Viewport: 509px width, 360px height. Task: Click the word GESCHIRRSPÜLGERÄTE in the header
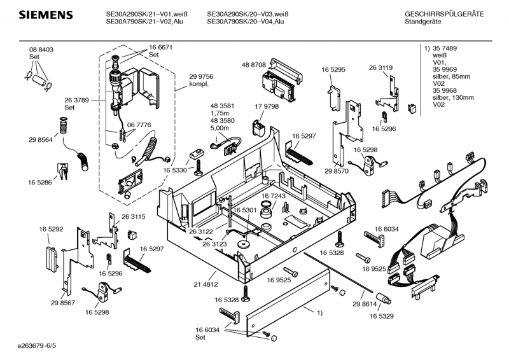pyautogui.click(x=444, y=14)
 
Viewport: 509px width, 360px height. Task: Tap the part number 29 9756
pyautogui.click(x=201, y=76)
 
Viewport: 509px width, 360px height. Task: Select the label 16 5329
pyautogui.click(x=381, y=315)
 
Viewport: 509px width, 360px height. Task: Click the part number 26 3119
pyautogui.click(x=380, y=67)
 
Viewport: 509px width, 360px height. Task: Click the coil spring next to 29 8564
pyautogui.click(x=62, y=126)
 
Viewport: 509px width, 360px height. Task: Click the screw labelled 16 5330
pyautogui.click(x=199, y=167)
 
